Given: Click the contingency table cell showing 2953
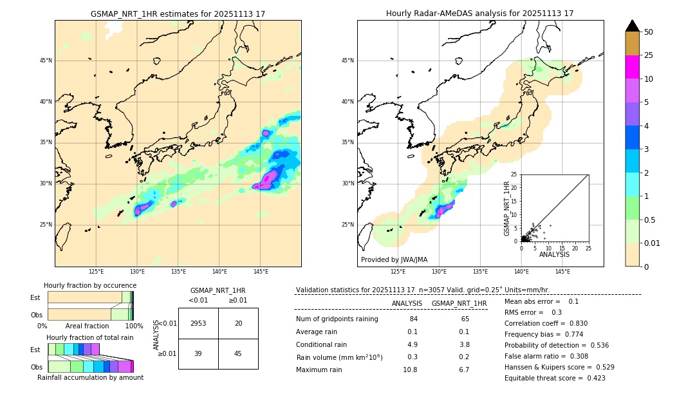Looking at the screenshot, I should pyautogui.click(x=198, y=323).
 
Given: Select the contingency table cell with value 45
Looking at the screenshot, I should pyautogui.click(x=238, y=353).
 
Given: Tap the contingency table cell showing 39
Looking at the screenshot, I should pyautogui.click(x=198, y=353).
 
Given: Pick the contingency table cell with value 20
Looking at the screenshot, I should pyautogui.click(x=238, y=323).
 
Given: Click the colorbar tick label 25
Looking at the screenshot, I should pyautogui.click(x=649, y=55).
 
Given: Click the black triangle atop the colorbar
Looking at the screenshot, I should pyautogui.click(x=633, y=26).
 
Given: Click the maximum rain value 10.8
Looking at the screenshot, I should pyautogui.click(x=410, y=370).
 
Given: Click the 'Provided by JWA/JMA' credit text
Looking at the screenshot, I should pyautogui.click(x=394, y=259).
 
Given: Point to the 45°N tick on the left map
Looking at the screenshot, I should pyautogui.click(x=46, y=61).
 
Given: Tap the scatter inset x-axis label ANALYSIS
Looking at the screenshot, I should pyautogui.click(x=554, y=254).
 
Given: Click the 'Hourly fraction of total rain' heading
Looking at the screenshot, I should pyautogui.click(x=89, y=337).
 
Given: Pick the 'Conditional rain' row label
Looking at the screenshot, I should pyautogui.click(x=322, y=344).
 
